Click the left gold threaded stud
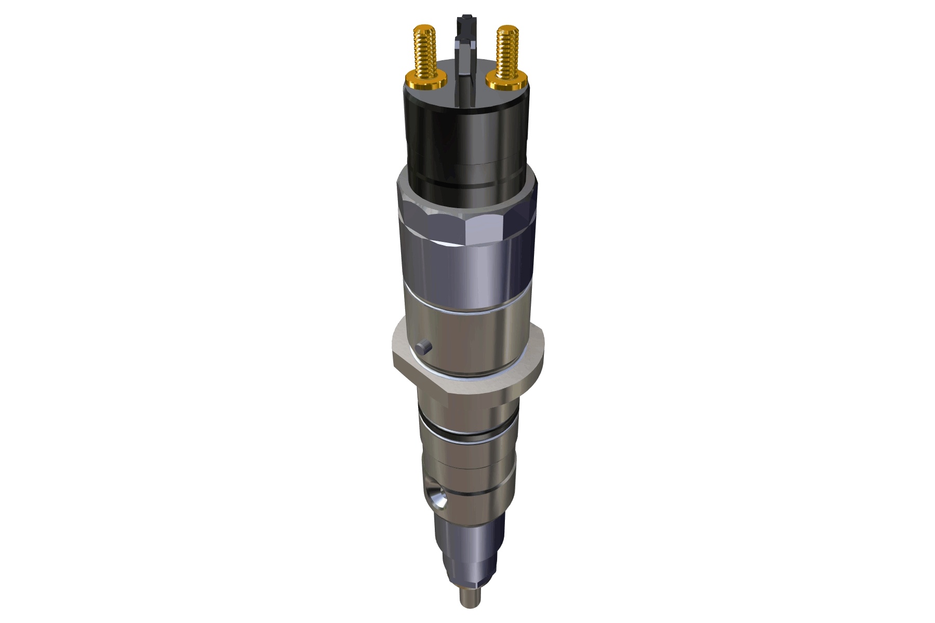pyautogui.click(x=425, y=52)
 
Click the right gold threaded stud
pyautogui.click(x=507, y=52)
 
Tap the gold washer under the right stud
pyautogui.click(x=507, y=82)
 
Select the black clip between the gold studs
pyautogui.click(x=465, y=62)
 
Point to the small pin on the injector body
pyautogui.click(x=424, y=347)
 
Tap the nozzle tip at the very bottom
pyautogui.click(x=470, y=597)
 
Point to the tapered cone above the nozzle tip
pyautogui.click(x=470, y=571)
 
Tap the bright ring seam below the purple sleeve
pyautogui.click(x=468, y=310)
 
